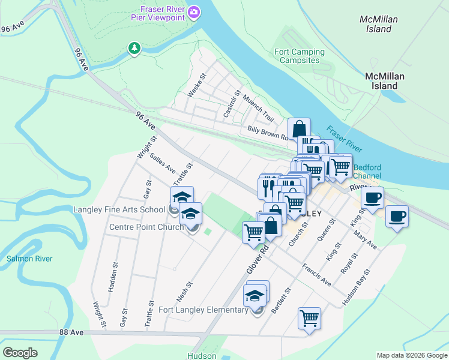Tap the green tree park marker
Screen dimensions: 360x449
tap(135, 48)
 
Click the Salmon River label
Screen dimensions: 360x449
tap(29, 259)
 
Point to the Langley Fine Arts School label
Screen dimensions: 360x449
tap(119, 209)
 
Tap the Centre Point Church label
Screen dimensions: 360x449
tap(146, 227)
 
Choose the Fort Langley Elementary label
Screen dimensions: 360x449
tap(203, 310)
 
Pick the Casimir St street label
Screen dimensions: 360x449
tap(232, 103)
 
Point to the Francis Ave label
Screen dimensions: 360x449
tap(316, 274)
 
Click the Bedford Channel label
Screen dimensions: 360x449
tap(372, 172)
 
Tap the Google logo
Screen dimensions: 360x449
tap(20, 353)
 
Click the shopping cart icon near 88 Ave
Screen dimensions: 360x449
tap(309, 318)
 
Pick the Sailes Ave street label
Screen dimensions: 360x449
tap(163, 163)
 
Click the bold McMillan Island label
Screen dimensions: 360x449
tap(385, 81)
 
